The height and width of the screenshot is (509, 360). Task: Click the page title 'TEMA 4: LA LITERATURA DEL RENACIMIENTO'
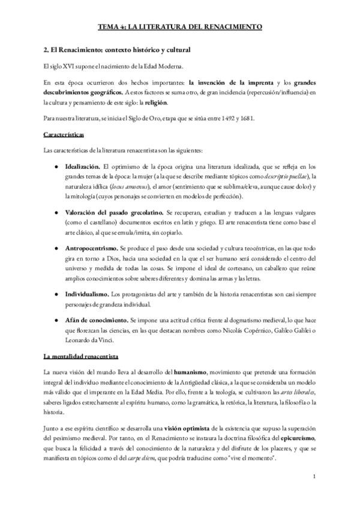179,28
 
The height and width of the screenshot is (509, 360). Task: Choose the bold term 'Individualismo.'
87,294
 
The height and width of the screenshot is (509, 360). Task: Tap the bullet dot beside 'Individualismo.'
57,294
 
